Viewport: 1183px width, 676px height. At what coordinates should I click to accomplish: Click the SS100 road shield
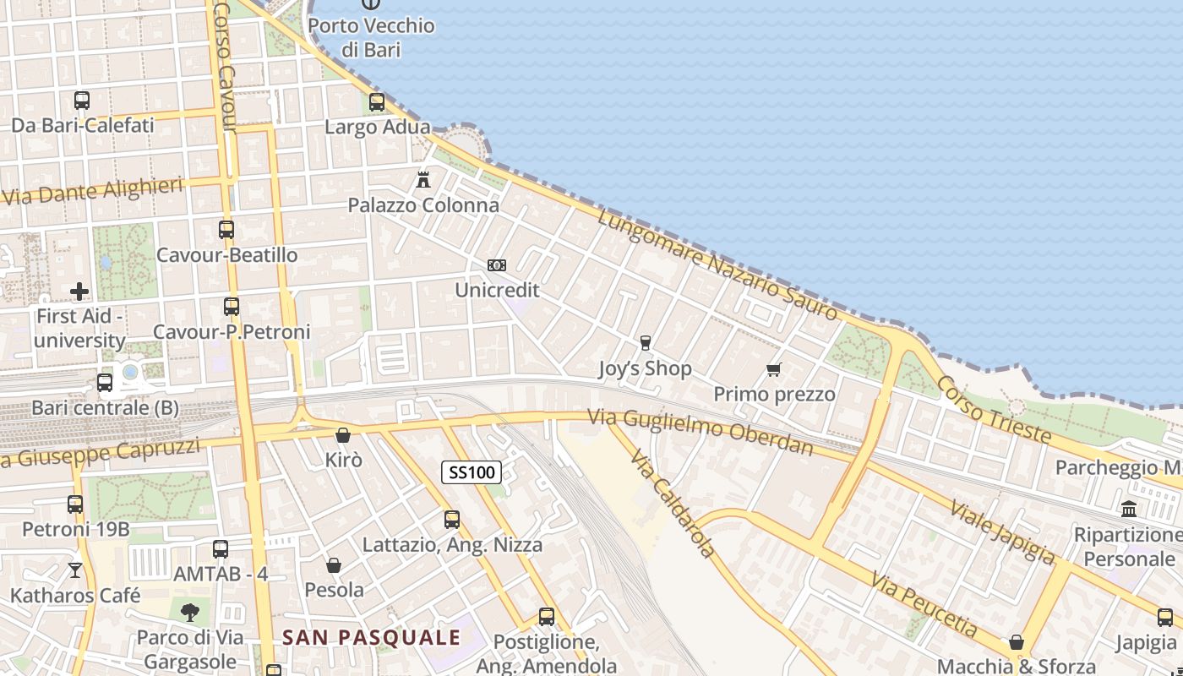point(472,472)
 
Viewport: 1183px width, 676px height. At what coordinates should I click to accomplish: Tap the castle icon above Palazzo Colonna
point(423,180)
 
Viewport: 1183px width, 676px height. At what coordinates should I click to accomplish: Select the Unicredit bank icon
point(497,265)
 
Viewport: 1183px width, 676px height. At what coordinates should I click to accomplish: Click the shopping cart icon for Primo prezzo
point(773,369)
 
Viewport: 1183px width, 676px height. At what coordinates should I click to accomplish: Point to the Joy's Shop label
point(645,368)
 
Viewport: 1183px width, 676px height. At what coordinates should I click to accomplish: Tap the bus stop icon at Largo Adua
point(377,102)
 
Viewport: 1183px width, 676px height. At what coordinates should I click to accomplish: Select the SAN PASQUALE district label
point(372,637)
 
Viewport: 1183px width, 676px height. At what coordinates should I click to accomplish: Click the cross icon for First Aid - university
point(79,292)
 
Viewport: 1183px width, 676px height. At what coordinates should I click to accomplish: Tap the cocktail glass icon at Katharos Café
point(75,570)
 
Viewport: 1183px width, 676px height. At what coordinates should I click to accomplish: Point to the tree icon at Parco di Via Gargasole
point(190,612)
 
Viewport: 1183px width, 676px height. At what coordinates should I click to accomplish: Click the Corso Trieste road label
point(993,411)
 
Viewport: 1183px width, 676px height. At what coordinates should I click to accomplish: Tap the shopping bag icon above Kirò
point(343,435)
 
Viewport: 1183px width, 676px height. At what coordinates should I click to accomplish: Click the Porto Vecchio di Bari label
point(371,37)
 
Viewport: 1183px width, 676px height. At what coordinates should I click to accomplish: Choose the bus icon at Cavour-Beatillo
point(226,229)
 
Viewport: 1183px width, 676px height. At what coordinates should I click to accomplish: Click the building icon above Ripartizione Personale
point(1129,509)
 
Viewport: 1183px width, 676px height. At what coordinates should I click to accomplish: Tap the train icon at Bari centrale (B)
point(105,383)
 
